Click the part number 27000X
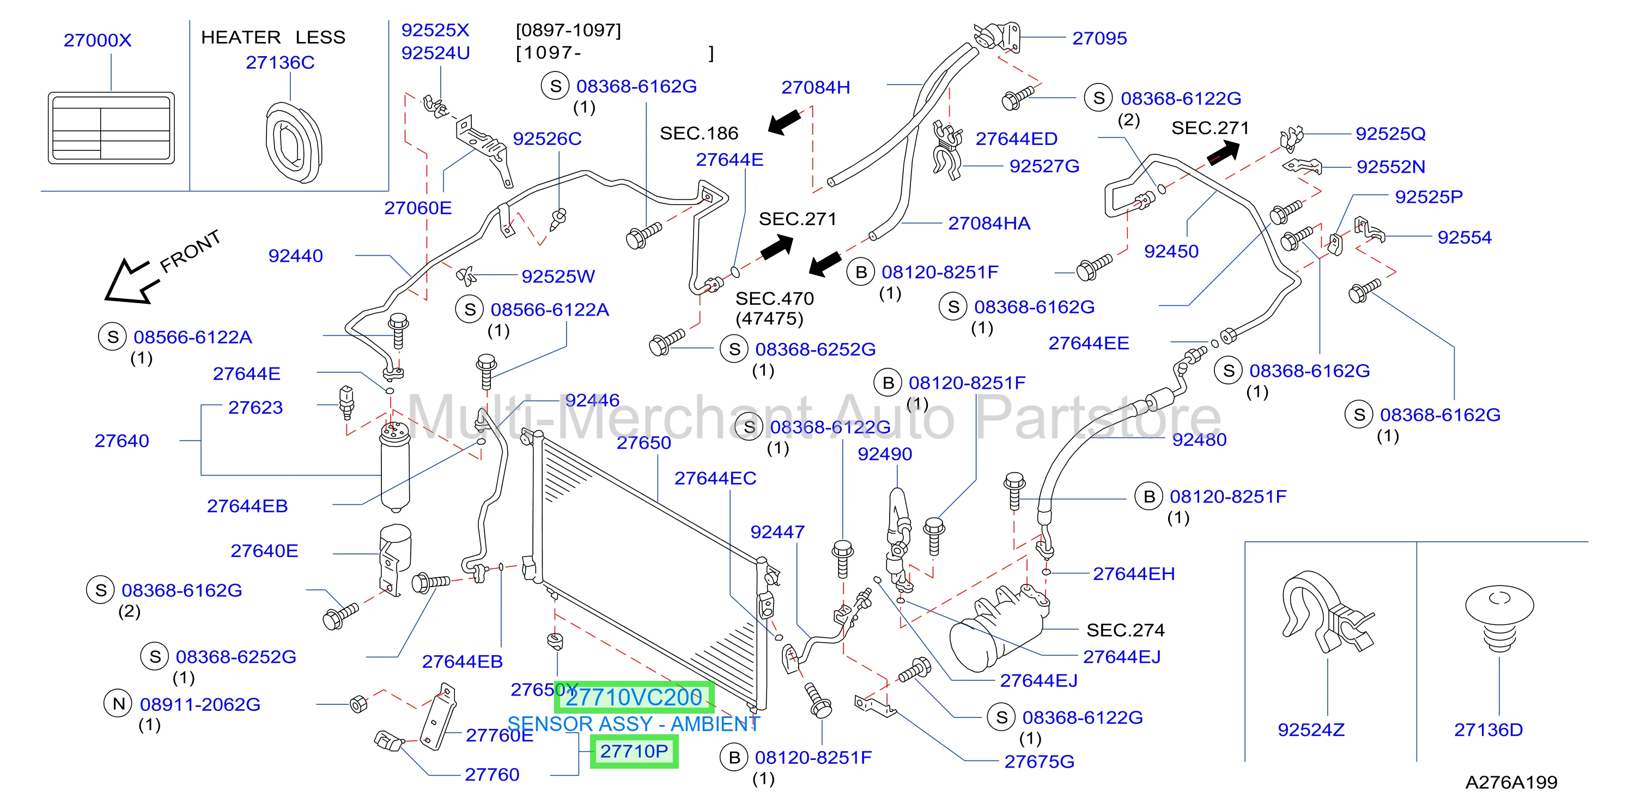pos(98,40)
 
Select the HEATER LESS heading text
pos(273,37)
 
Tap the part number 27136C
pos(280,62)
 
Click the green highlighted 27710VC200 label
pos(634,697)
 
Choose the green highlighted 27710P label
pos(634,751)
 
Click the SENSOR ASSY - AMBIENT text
pos(634,723)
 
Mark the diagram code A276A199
pos(1511,782)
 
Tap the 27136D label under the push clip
pos(1488,729)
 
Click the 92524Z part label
pos(1311,729)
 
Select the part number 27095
pos(1099,38)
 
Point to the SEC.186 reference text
pos(699,133)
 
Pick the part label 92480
pos(1199,439)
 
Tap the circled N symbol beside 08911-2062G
pos(118,703)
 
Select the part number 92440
pos(295,256)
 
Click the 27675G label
pos(1039,761)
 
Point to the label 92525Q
pos(1390,134)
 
